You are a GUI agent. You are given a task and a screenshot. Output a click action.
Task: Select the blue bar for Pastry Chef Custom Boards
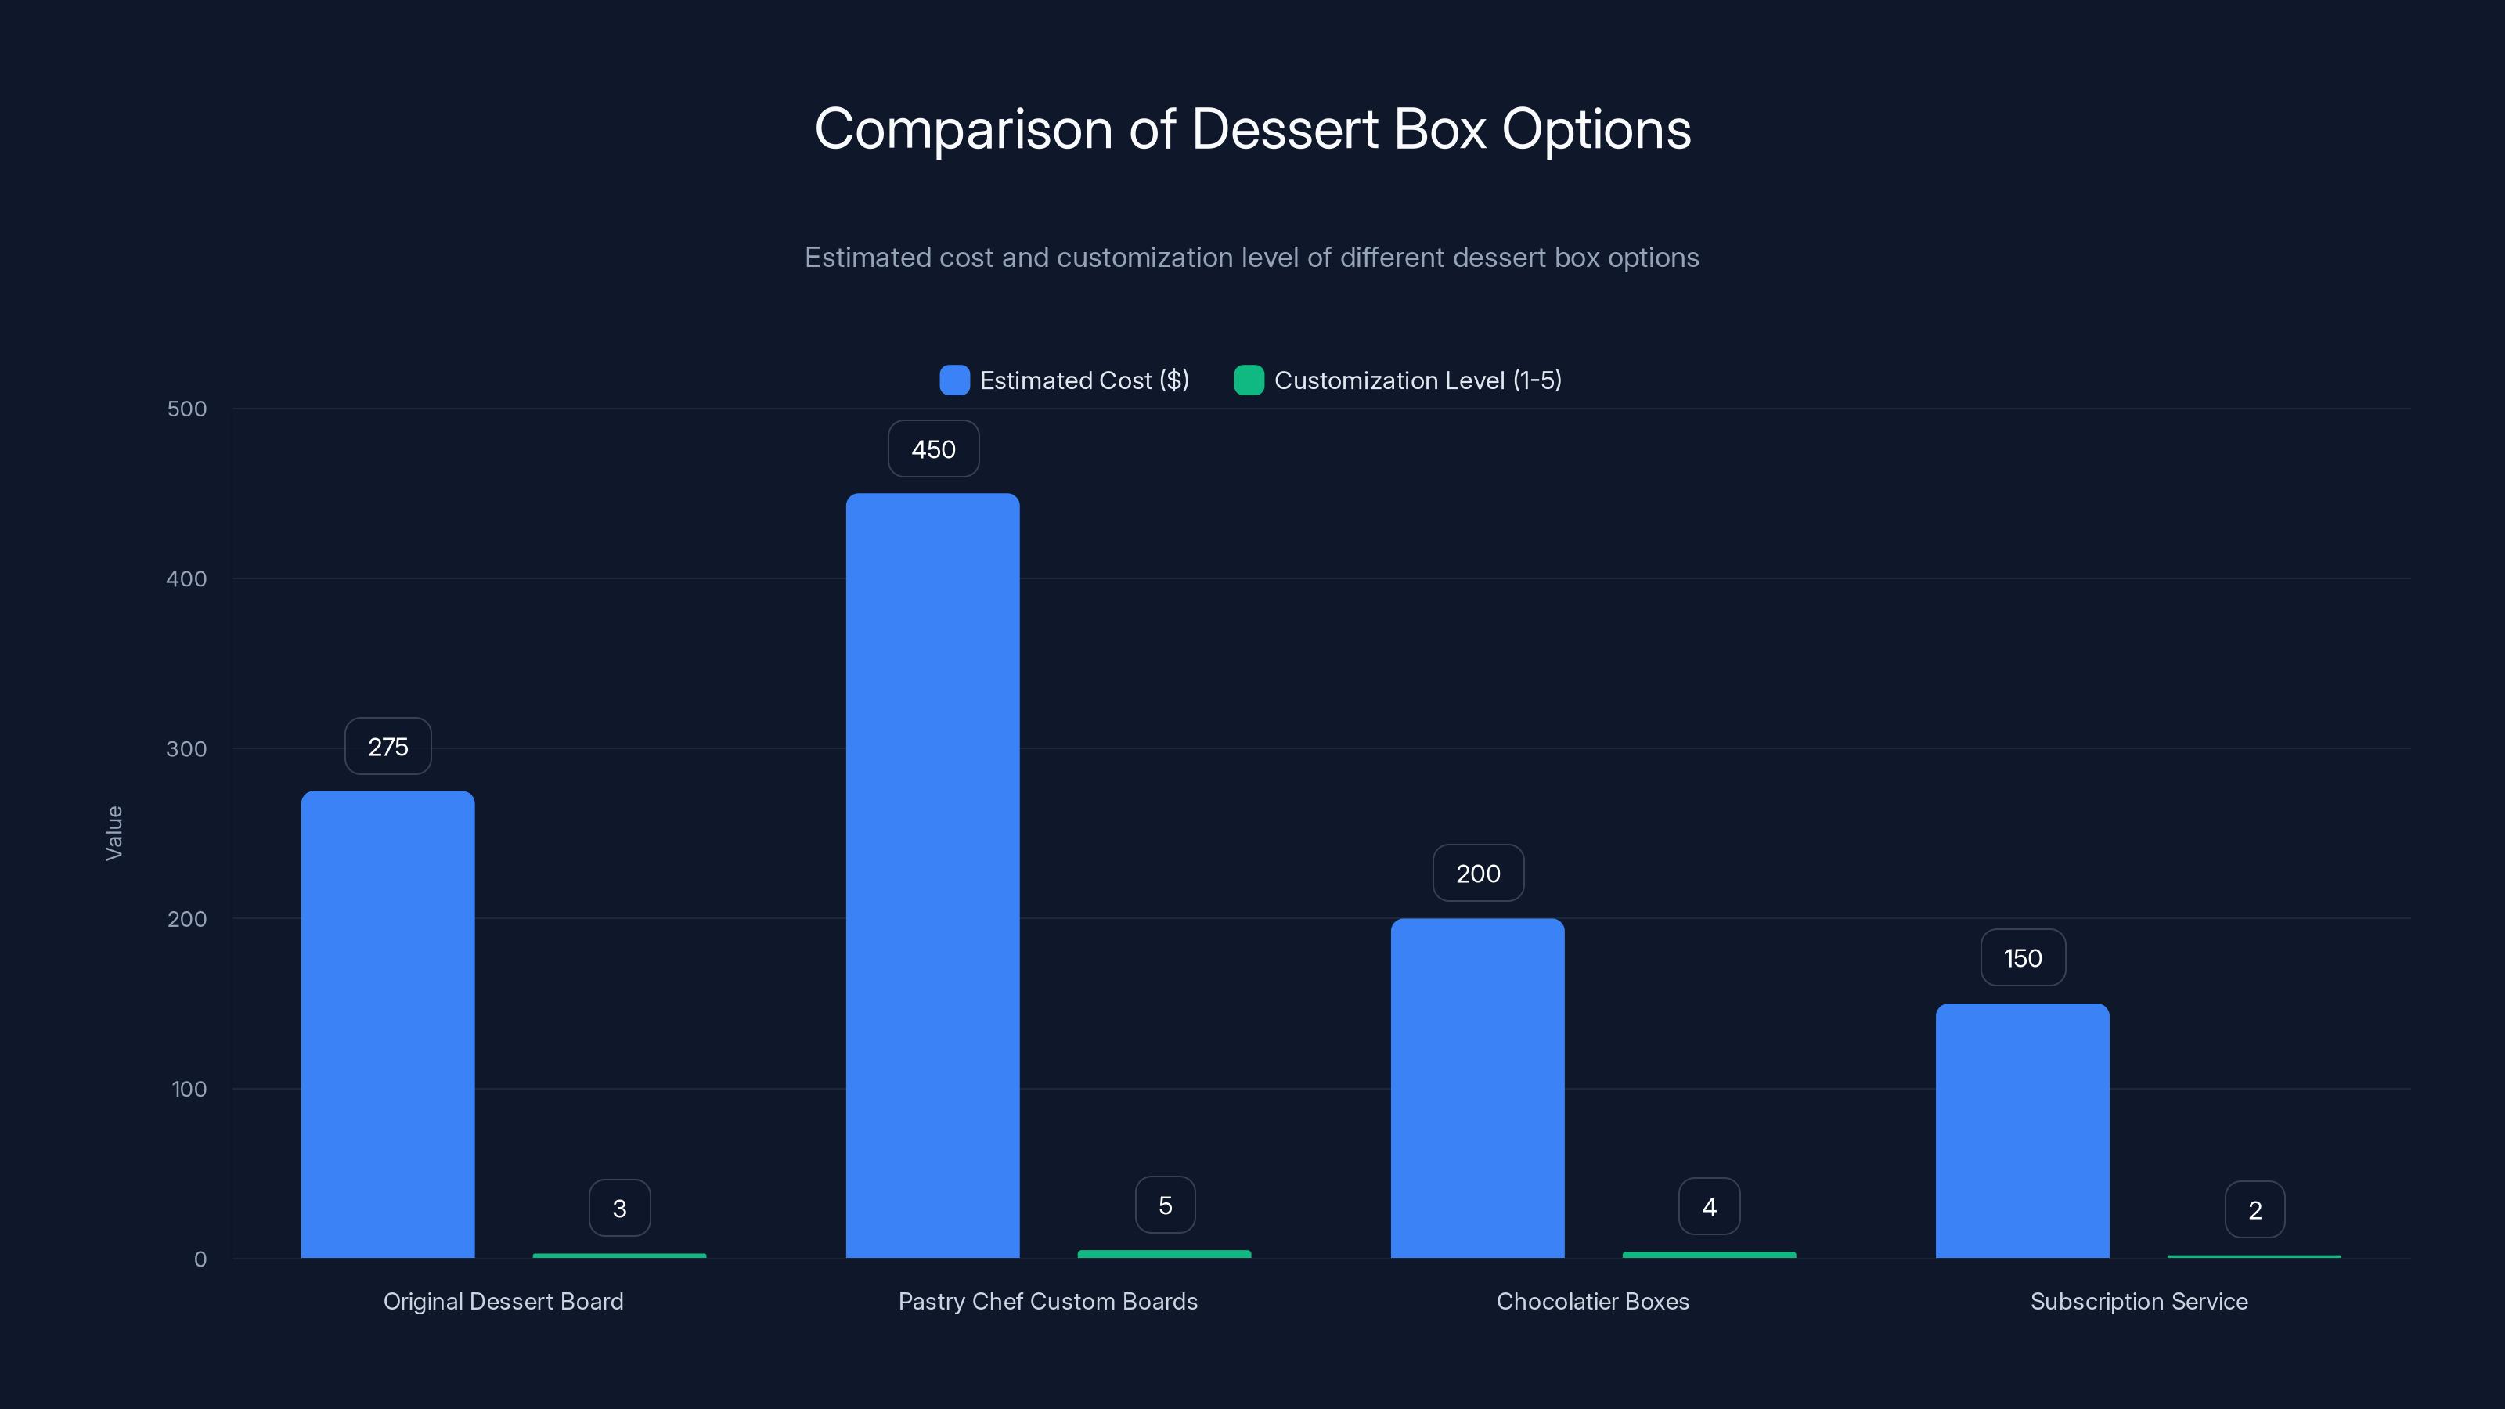coord(932,875)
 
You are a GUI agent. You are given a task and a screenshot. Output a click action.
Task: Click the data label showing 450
coord(932,449)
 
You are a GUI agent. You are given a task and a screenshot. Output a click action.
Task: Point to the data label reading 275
coord(388,747)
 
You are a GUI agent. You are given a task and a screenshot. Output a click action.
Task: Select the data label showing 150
coord(2023,958)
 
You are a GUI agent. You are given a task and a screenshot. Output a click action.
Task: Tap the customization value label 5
coord(1165,1205)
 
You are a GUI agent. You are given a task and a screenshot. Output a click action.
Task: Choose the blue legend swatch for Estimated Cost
coord(954,380)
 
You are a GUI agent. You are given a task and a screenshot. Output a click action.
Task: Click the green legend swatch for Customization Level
coord(1249,380)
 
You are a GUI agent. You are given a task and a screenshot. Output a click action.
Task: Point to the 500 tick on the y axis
coord(187,409)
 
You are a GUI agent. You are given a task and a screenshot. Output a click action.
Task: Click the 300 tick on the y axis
coord(187,749)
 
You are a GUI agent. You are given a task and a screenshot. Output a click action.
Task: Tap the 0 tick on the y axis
coord(200,1259)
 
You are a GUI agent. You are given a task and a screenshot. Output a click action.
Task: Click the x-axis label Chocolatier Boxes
coord(1593,1301)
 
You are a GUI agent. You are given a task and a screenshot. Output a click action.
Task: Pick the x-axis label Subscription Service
coord(2139,1301)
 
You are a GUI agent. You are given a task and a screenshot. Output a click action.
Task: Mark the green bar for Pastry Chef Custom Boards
coord(1164,1254)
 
